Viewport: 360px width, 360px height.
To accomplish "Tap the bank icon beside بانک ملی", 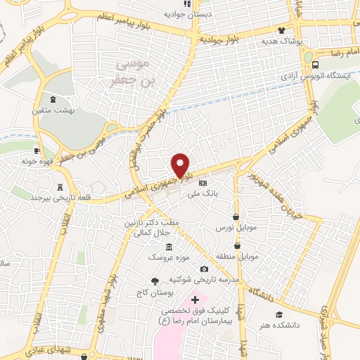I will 202,183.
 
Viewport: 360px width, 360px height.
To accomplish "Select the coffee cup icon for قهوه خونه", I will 38,150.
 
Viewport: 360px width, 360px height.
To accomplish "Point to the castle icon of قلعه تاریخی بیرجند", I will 60,187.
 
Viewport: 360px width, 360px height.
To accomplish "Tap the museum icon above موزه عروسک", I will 169,247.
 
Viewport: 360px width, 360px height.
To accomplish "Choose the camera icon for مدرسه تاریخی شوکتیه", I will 204,269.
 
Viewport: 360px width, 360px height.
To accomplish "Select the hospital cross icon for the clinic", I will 195,300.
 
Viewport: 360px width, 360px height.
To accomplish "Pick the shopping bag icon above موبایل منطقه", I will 237,245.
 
